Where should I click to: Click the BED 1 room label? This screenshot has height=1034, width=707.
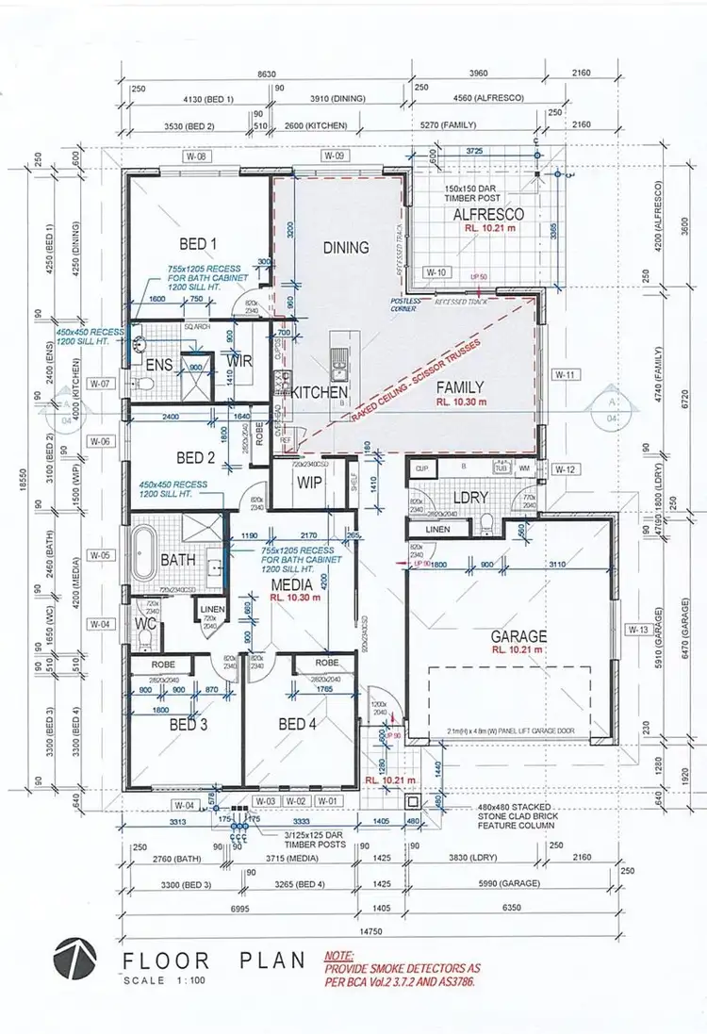pos(198,244)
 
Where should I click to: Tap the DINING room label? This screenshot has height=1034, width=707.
pos(346,247)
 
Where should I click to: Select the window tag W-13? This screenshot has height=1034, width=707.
pos(638,629)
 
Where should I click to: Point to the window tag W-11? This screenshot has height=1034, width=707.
pos(565,374)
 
